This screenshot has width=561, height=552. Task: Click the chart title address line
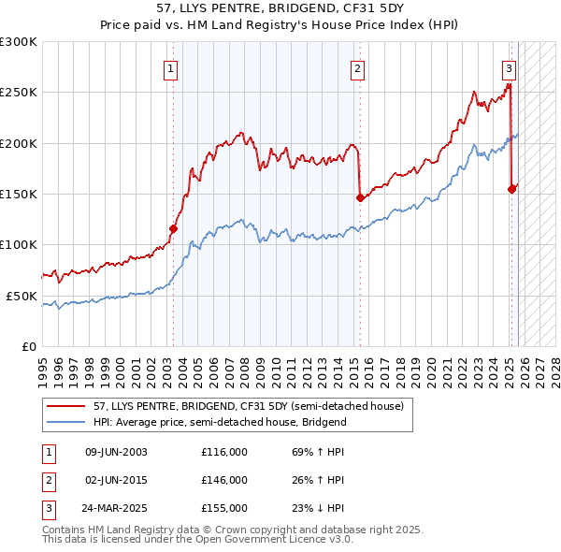pyautogui.click(x=280, y=8)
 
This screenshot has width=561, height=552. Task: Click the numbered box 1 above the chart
pyautogui.click(x=172, y=67)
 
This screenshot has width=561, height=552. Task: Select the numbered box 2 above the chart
pyautogui.click(x=358, y=67)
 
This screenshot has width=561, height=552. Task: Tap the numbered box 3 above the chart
pyautogui.click(x=509, y=67)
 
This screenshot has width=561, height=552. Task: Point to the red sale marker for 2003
pyautogui.click(x=173, y=228)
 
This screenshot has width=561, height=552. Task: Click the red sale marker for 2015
pyautogui.click(x=360, y=197)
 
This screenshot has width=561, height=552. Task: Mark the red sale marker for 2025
pyautogui.click(x=511, y=189)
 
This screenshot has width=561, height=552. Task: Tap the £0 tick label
pyautogui.click(x=28, y=346)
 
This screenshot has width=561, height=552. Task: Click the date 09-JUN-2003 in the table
pyautogui.click(x=116, y=452)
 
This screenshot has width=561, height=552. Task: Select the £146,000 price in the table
pyautogui.click(x=224, y=480)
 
